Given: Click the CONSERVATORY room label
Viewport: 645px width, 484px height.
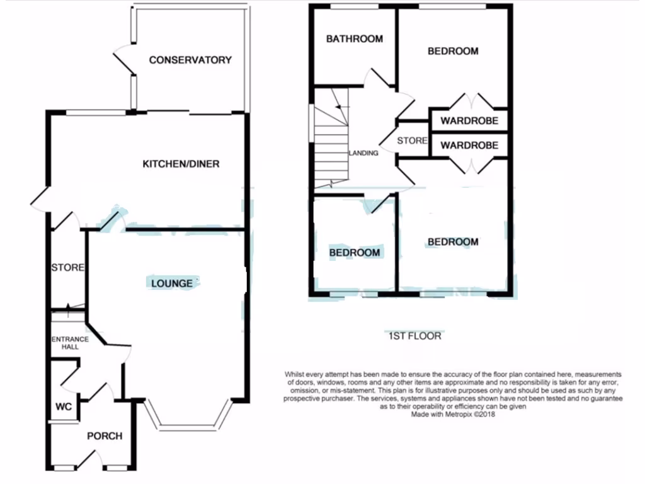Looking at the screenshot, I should (190, 60).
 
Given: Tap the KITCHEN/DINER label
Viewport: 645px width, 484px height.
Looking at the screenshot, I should (181, 164).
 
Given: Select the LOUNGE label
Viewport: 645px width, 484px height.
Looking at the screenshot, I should (172, 284).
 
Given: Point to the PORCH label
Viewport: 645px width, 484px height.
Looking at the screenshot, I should (104, 436).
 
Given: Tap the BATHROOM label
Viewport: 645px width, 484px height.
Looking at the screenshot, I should (354, 39).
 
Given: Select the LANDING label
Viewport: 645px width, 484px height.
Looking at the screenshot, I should (363, 153).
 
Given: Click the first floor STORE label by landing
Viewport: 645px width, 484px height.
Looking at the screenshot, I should (412, 141).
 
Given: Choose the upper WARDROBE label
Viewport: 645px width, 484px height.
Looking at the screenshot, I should (469, 121).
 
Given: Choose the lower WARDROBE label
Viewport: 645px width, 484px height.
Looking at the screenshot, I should (469, 146).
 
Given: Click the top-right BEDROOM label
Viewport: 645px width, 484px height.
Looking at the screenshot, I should (453, 52).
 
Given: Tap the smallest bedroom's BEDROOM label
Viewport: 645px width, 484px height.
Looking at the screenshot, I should (355, 253).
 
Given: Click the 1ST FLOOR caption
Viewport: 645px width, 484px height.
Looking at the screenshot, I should (414, 336).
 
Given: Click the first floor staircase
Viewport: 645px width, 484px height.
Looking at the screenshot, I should (331, 142).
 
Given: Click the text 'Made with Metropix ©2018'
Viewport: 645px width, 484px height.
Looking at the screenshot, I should (454, 415).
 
